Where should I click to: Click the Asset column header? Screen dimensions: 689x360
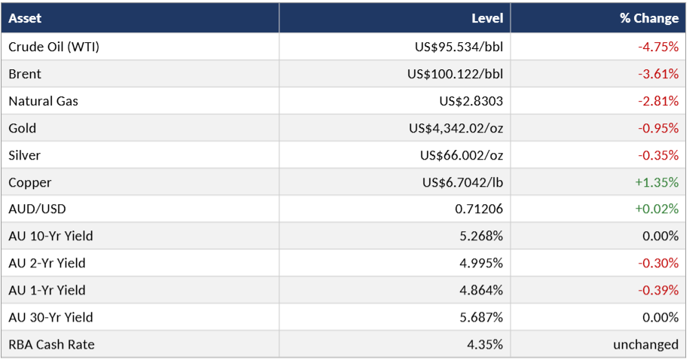click(x=25, y=18)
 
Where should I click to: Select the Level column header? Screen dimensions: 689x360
click(x=487, y=18)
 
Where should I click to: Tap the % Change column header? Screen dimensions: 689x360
click(x=649, y=18)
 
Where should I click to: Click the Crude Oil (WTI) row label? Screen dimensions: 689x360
click(x=53, y=47)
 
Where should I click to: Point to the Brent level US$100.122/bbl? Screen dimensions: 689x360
click(x=455, y=74)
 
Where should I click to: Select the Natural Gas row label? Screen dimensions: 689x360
click(x=43, y=101)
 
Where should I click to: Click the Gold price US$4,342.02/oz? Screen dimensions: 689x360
click(x=456, y=128)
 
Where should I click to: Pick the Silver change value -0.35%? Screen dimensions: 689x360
click(x=658, y=155)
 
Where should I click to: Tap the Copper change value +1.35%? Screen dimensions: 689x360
click(x=657, y=182)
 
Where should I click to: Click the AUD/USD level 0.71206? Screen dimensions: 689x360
click(x=478, y=209)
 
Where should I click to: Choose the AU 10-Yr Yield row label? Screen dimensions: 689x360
click(x=50, y=236)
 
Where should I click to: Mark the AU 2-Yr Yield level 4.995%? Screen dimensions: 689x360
click(x=481, y=264)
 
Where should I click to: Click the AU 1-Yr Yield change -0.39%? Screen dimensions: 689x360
click(x=658, y=290)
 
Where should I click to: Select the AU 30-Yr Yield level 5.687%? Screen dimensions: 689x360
click(x=481, y=317)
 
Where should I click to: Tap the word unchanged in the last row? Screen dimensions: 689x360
click(x=645, y=345)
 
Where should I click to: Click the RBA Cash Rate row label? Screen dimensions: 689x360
click(x=51, y=345)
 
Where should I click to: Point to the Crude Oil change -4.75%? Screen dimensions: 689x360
click(x=658, y=47)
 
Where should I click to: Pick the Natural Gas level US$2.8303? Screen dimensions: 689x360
click(x=471, y=101)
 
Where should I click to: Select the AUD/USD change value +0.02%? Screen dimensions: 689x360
click(x=657, y=209)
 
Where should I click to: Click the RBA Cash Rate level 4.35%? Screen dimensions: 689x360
click(x=485, y=345)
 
